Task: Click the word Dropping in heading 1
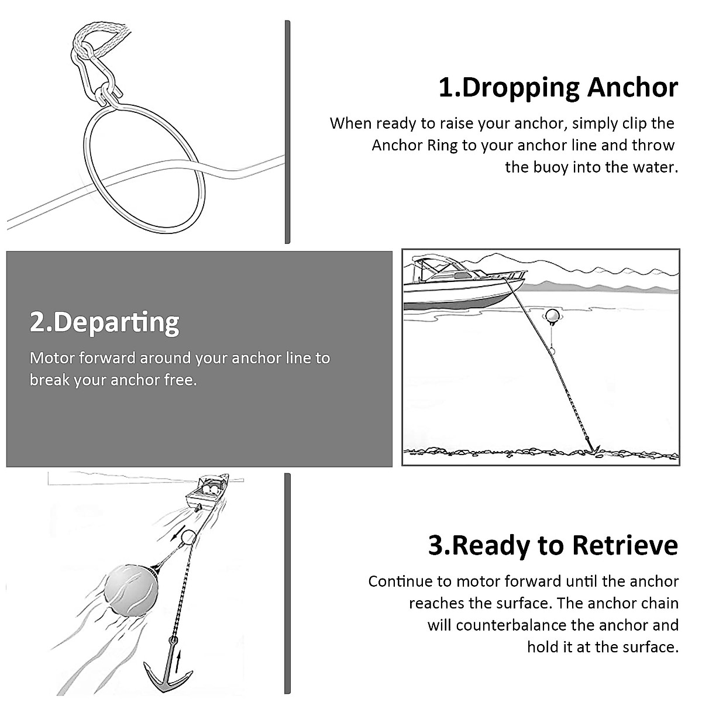[x=521, y=88]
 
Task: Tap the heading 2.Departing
[x=105, y=322]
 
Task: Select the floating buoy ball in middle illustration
[x=552, y=316]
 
